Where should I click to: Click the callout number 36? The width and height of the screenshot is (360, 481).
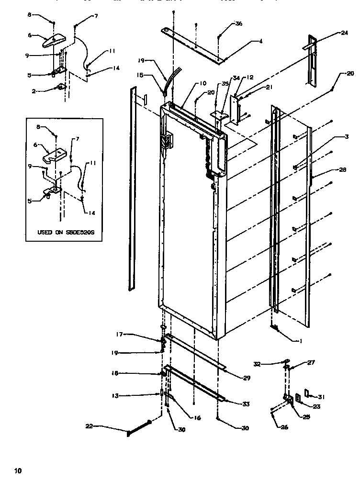239,23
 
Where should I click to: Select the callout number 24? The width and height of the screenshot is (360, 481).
344,34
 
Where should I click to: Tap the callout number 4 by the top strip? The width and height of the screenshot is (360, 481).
260,42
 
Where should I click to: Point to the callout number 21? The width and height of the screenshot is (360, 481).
269,87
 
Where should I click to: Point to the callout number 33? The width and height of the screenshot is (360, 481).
246,404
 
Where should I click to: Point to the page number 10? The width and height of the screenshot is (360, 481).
18,470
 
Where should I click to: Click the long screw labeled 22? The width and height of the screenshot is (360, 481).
139,428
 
